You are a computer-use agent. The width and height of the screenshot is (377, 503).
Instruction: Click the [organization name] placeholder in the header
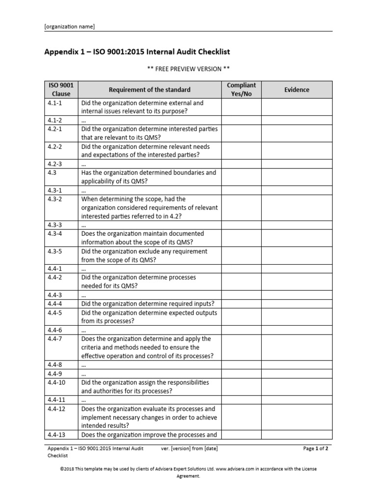(x=70, y=27)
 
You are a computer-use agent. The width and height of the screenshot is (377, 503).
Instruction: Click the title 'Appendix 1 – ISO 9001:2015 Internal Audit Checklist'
(x=137, y=52)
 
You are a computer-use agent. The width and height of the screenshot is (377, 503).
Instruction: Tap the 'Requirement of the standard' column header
(x=150, y=89)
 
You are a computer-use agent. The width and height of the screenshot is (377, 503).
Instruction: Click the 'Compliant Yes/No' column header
(x=242, y=89)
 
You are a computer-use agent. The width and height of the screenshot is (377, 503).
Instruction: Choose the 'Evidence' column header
(x=296, y=89)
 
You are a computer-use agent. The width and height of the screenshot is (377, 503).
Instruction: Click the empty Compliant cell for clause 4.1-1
(x=242, y=107)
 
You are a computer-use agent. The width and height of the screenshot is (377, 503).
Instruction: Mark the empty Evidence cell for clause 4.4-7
(x=296, y=347)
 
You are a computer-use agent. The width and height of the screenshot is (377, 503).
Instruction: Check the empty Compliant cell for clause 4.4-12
(x=242, y=417)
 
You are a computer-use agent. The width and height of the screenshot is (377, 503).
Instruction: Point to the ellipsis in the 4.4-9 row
(x=84, y=374)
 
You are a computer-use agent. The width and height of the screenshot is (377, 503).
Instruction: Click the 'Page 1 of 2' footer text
(x=316, y=448)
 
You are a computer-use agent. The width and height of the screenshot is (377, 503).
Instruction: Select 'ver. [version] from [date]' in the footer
(x=189, y=448)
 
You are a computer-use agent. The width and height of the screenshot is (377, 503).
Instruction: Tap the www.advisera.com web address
(x=237, y=469)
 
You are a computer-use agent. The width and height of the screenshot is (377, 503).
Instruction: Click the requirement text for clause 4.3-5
(x=144, y=255)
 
